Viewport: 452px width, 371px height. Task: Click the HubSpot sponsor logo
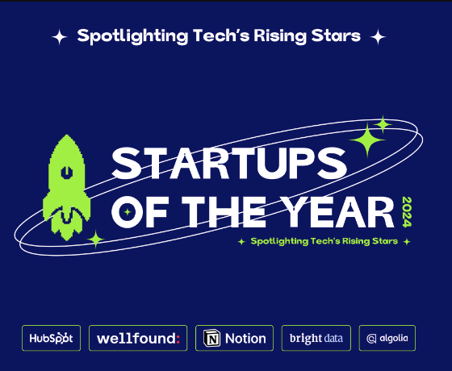click(52, 338)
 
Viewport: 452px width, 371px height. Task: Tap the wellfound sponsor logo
click(138, 338)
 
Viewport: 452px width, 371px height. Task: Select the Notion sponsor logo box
click(234, 338)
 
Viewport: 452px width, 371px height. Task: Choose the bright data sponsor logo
click(316, 338)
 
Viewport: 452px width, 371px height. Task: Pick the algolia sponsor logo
click(387, 338)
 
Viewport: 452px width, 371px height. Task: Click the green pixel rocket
click(66, 187)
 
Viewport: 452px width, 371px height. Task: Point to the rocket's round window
click(66, 173)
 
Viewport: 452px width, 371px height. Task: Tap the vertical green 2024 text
click(407, 211)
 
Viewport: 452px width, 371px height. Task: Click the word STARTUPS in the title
click(229, 163)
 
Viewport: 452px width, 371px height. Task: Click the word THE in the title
click(224, 212)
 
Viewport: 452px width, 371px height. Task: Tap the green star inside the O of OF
click(128, 212)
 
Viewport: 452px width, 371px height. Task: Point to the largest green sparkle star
click(367, 140)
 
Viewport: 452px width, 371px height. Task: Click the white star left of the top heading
click(60, 37)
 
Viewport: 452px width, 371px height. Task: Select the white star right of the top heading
click(378, 37)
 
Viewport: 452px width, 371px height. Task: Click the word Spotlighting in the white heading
click(132, 36)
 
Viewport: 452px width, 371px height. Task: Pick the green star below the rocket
click(96, 239)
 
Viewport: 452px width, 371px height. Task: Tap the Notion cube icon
click(211, 338)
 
